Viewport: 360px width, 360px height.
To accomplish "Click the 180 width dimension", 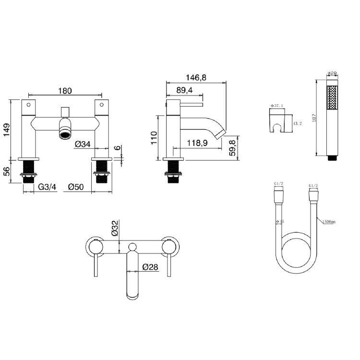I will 65,91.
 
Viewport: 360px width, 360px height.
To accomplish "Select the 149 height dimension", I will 6,130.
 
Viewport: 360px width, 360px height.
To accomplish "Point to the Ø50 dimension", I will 77,187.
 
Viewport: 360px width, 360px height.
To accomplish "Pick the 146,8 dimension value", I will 196,78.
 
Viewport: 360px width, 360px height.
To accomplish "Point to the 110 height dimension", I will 154,138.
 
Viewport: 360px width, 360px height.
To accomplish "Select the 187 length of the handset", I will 312,117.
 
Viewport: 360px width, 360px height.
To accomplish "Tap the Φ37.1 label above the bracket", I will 277,105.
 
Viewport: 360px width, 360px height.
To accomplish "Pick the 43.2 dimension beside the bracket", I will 297,123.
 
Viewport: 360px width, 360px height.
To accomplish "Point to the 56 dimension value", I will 6,171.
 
